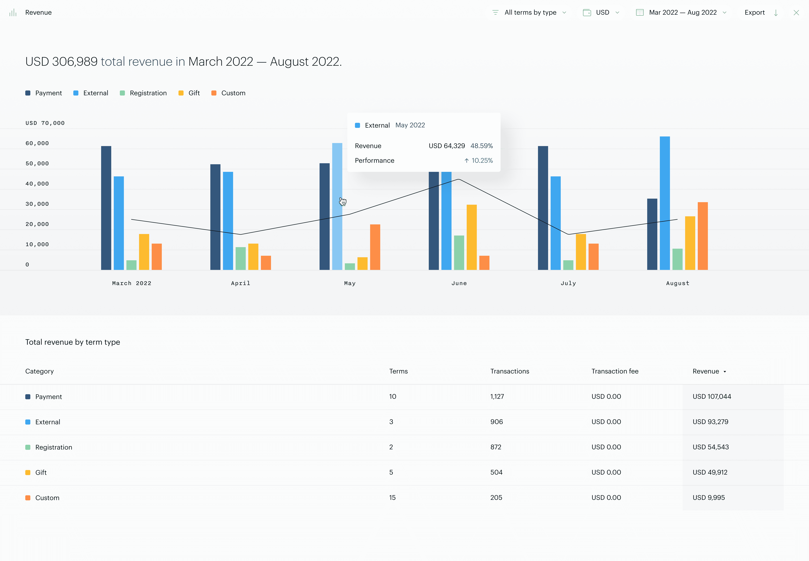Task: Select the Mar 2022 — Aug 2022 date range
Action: [682, 13]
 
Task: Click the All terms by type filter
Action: [530, 13]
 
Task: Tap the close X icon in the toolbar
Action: [796, 13]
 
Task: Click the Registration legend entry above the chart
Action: [148, 93]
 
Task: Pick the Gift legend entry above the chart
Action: [193, 93]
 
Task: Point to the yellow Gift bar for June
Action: [471, 237]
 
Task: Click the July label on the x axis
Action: [568, 283]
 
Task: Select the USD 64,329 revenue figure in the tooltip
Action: [446, 146]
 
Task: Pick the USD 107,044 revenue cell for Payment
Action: [712, 396]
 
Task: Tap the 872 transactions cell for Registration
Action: [496, 447]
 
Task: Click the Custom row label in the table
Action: [47, 498]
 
